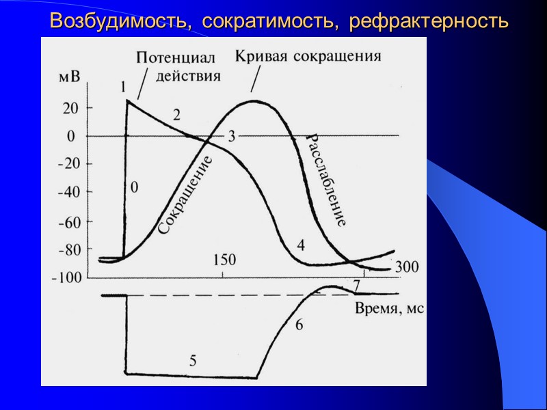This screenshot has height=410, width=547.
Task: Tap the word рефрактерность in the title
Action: [x=429, y=21]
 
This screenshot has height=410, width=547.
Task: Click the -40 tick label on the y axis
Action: [x=68, y=193]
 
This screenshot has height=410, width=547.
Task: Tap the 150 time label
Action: [x=224, y=260]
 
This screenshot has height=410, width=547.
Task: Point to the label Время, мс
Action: [x=390, y=308]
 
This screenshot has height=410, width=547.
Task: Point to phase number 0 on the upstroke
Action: [x=134, y=187]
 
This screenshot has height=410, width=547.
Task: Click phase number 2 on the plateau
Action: [x=176, y=115]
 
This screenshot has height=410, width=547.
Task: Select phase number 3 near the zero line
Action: [x=231, y=135]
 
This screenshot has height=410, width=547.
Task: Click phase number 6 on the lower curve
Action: [x=299, y=325]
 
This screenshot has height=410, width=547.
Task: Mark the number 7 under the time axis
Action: [x=356, y=284]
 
